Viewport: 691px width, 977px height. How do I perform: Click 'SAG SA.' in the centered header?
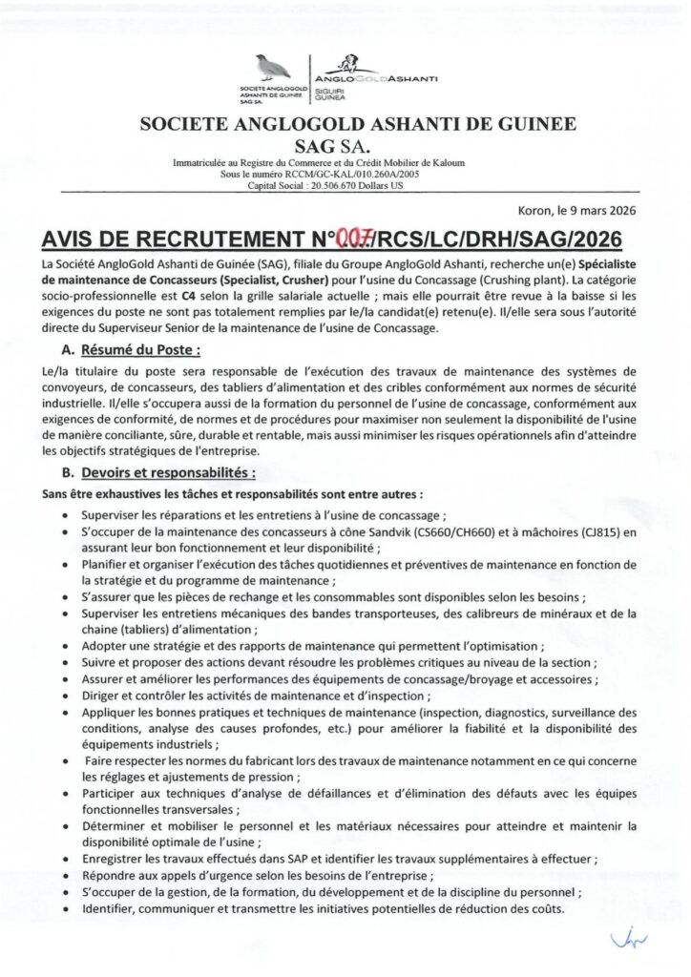(345, 143)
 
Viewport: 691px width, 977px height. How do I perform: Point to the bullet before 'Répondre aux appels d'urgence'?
(62, 875)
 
